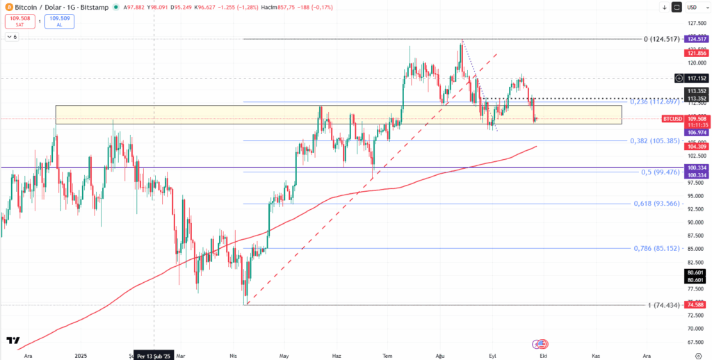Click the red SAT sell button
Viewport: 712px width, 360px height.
point(19,22)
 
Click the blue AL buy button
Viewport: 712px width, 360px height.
point(59,22)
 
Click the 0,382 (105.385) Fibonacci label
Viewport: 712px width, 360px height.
point(656,140)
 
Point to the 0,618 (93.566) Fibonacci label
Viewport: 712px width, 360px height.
point(656,204)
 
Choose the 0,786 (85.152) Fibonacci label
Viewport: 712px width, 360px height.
point(656,248)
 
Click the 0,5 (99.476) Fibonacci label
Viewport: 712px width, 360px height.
point(659,172)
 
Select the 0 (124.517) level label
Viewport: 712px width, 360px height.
point(658,39)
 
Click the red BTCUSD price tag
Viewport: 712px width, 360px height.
point(671,119)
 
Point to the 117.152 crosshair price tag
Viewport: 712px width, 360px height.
point(697,79)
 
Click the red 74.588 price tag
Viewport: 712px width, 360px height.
point(696,305)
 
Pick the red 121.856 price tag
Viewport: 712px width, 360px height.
point(696,53)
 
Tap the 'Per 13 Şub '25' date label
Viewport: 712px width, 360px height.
point(152,355)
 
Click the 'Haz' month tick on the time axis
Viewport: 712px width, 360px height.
point(336,355)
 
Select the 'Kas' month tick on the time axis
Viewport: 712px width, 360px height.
point(594,355)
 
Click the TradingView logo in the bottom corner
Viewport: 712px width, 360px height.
point(13,341)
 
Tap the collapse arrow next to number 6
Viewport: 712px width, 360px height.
point(8,36)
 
